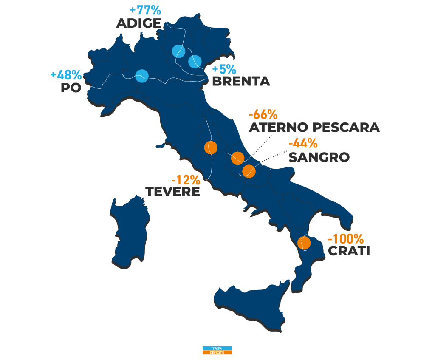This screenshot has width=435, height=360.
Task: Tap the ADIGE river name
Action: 138,23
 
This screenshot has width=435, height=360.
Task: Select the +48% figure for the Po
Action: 66,75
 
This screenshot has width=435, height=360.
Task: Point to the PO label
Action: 71,88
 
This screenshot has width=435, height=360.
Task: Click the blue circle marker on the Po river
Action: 142,76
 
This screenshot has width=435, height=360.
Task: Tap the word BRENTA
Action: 241,81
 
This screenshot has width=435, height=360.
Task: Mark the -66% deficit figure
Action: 263,114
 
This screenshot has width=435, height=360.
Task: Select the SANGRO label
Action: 319,157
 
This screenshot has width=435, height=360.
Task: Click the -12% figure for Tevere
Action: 185,179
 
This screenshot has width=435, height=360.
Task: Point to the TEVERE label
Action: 172,191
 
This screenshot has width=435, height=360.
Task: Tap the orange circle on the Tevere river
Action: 211,147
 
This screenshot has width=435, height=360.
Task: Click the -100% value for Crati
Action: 345,238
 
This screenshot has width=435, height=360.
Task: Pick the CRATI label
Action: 348,251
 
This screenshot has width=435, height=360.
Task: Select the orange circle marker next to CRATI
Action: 304,243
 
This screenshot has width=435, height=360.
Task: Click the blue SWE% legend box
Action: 217,348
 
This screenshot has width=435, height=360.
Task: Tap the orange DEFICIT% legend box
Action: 217,352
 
